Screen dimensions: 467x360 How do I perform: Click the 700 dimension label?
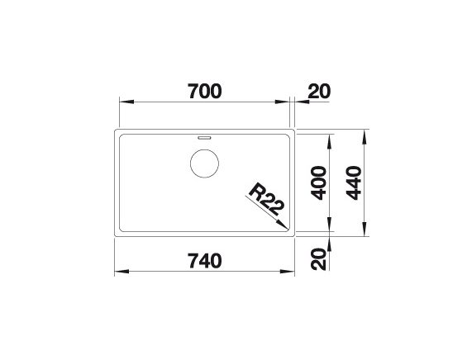tap(205, 91)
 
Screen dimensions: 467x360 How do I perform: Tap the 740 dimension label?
tap(205, 261)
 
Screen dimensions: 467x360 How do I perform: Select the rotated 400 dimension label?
tap(318, 182)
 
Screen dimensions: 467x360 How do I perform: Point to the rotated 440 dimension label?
tap(354, 182)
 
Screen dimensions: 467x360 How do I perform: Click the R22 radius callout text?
tap(266, 199)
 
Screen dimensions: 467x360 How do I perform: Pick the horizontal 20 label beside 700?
tap(319, 91)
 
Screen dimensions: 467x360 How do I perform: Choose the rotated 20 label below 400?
tap(318, 258)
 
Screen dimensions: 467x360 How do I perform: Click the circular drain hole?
tap(204, 163)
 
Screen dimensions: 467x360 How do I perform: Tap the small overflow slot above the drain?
tap(204, 138)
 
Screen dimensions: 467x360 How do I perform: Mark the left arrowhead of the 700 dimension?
tap(126, 102)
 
